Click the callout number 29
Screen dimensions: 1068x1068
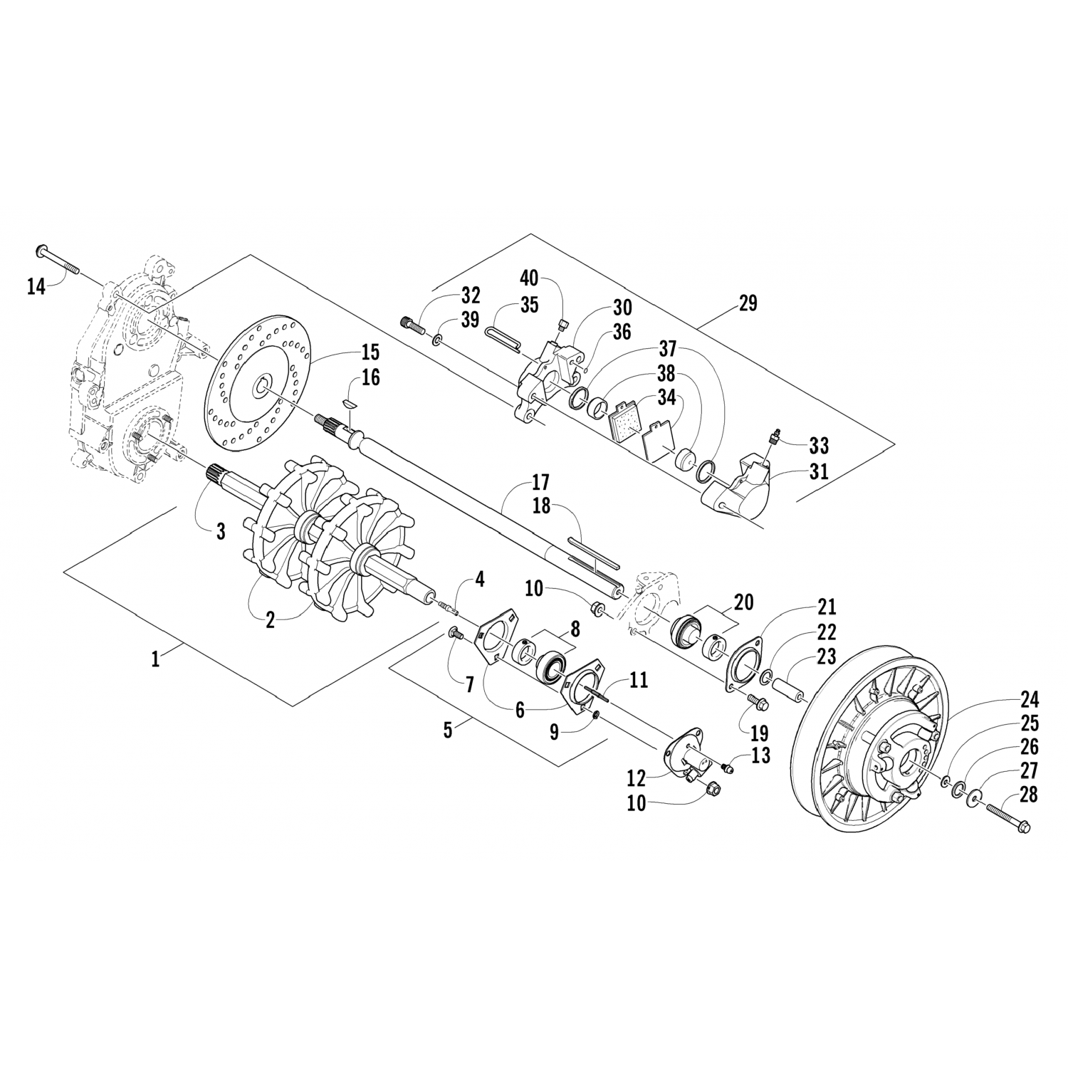pyautogui.click(x=748, y=303)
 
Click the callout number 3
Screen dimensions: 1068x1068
pyautogui.click(x=221, y=531)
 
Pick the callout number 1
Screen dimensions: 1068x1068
pyautogui.click(x=155, y=659)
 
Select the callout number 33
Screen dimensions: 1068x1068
pyautogui.click(x=820, y=446)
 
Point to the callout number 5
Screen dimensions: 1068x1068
pyautogui.click(x=447, y=731)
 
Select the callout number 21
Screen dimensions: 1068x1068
pyautogui.click(x=827, y=607)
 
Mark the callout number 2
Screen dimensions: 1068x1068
pyautogui.click(x=270, y=619)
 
